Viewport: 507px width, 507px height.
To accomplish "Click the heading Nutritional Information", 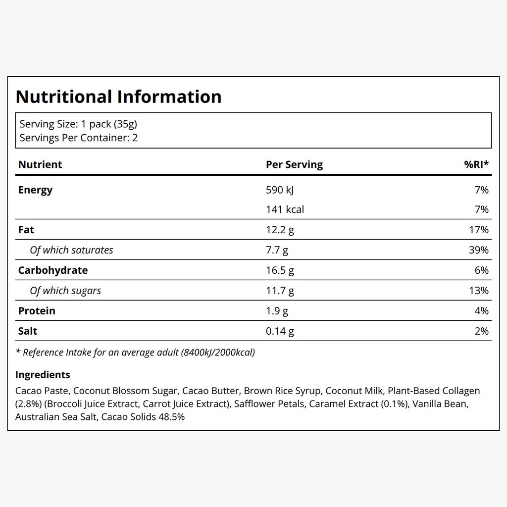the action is pyautogui.click(x=118, y=97).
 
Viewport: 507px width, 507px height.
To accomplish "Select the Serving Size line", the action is pyautogui.click(x=78, y=124).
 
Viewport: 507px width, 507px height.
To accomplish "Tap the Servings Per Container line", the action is pyautogui.click(x=79, y=138).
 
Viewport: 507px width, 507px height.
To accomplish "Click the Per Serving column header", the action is pyautogui.click(x=294, y=164).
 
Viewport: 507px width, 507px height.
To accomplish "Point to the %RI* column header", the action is pyautogui.click(x=476, y=164).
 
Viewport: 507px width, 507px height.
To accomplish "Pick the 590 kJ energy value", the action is pyautogui.click(x=280, y=190).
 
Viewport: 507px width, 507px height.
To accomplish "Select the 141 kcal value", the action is pyautogui.click(x=285, y=209).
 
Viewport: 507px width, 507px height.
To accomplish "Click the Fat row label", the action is pyautogui.click(x=26, y=230).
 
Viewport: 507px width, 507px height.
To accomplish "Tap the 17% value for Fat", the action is pyautogui.click(x=479, y=230).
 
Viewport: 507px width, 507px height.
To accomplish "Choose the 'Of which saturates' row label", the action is pyautogui.click(x=71, y=250).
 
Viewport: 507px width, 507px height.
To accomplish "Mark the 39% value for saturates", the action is pyautogui.click(x=479, y=250).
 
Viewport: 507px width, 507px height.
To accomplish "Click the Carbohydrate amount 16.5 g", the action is pyautogui.click(x=280, y=270).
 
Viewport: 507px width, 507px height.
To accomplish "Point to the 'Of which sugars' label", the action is pyautogui.click(x=65, y=291).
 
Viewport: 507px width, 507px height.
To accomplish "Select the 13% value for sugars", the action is pyautogui.click(x=479, y=290).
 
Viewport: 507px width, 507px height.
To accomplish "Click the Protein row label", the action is pyautogui.click(x=37, y=311).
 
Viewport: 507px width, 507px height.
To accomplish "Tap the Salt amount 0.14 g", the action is pyautogui.click(x=280, y=331).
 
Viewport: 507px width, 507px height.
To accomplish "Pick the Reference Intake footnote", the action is pyautogui.click(x=136, y=353).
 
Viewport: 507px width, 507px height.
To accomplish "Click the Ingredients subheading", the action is pyautogui.click(x=43, y=375).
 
